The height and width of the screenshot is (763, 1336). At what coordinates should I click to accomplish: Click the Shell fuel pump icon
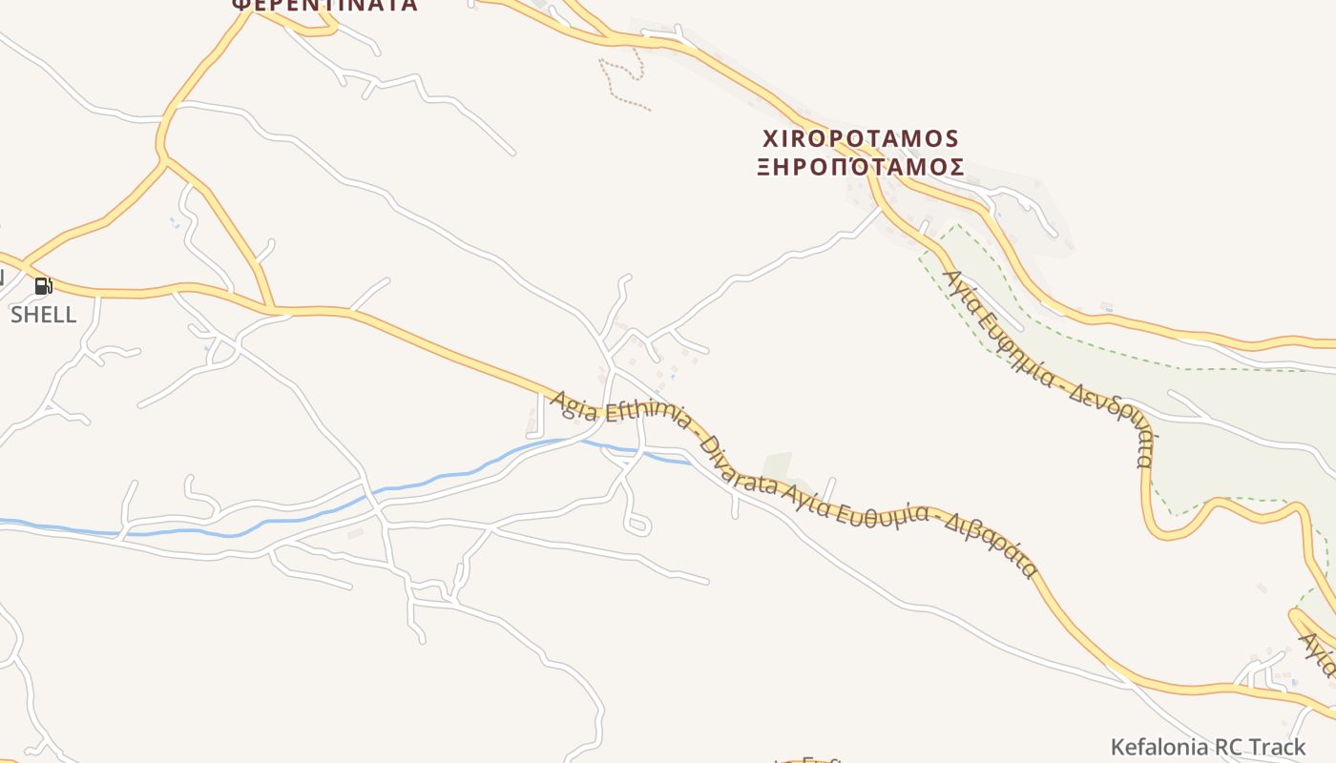tap(43, 285)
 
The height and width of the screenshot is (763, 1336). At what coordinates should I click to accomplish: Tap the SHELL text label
tap(43, 315)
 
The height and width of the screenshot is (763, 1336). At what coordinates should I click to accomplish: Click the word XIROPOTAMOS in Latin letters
tap(859, 139)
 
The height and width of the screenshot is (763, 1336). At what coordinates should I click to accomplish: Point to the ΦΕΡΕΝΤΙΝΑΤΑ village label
tap(324, 5)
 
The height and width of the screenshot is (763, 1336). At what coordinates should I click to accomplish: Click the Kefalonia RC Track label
tap(1207, 747)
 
